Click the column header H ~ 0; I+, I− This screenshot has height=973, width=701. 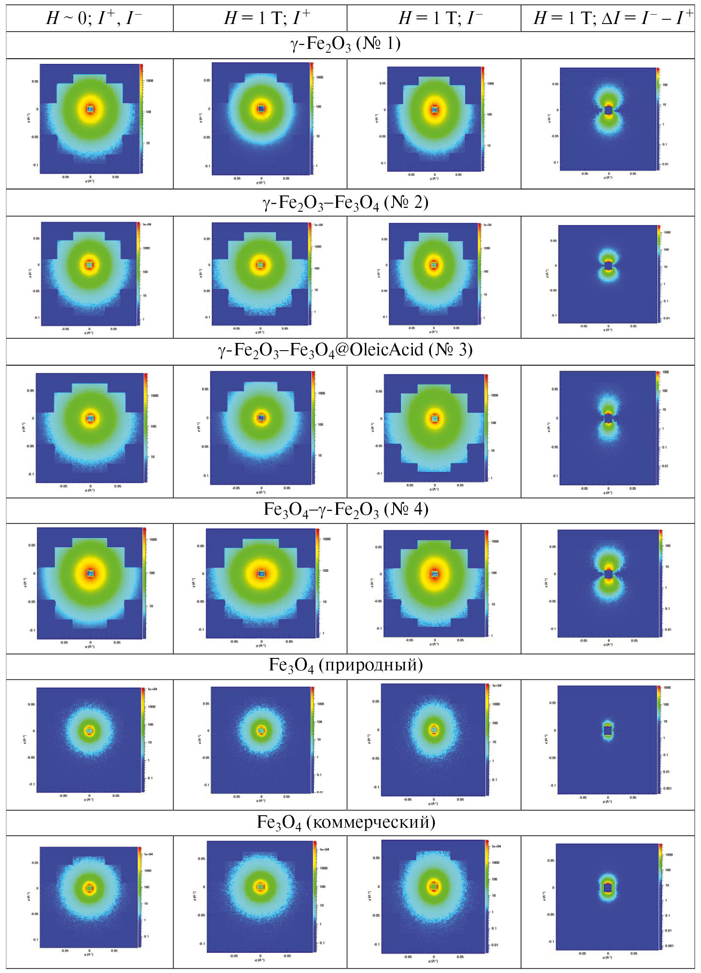click(93, 18)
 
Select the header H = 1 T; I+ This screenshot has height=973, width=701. click(266, 18)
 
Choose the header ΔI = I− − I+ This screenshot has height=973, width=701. click(613, 18)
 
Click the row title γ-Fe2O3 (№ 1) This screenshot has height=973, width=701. click(345, 45)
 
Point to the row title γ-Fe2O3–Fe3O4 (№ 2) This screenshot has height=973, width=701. click(345, 202)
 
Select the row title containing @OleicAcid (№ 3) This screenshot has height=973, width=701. click(345, 351)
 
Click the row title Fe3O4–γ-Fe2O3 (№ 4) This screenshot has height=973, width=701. click(345, 510)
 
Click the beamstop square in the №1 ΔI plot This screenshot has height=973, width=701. click(608, 110)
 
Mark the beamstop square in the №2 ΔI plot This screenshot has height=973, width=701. click(608, 266)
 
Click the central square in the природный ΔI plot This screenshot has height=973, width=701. click(608, 730)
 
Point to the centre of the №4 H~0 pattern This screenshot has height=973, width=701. click(90, 573)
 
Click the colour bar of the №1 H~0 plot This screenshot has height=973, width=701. click(141, 118)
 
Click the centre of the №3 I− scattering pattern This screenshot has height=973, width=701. click(435, 418)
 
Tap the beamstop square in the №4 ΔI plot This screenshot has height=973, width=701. click(608, 574)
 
